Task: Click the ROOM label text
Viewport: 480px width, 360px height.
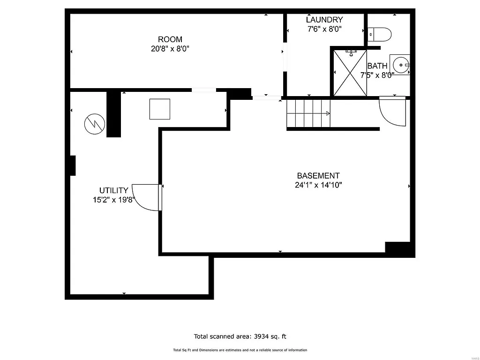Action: point(170,39)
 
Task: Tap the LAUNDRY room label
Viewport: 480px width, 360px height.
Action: point(324,20)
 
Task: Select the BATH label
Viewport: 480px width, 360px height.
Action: point(377,66)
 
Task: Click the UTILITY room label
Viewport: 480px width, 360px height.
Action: point(113,190)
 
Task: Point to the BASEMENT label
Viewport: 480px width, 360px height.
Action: point(318,176)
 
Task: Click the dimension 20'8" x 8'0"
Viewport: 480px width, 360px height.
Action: point(170,48)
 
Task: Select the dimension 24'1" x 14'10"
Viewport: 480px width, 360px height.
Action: point(318,185)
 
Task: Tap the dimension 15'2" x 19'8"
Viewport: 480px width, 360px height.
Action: point(114,200)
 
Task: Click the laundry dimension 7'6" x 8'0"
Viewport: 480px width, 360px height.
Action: point(324,29)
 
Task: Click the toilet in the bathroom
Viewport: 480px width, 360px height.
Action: point(380,34)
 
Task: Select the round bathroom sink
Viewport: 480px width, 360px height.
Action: point(401,66)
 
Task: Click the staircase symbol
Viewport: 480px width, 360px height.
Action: point(308,113)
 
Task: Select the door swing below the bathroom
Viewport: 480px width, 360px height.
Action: point(392,111)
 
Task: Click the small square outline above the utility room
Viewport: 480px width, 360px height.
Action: point(159,109)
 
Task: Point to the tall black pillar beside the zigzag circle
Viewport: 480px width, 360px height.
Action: point(113,114)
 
